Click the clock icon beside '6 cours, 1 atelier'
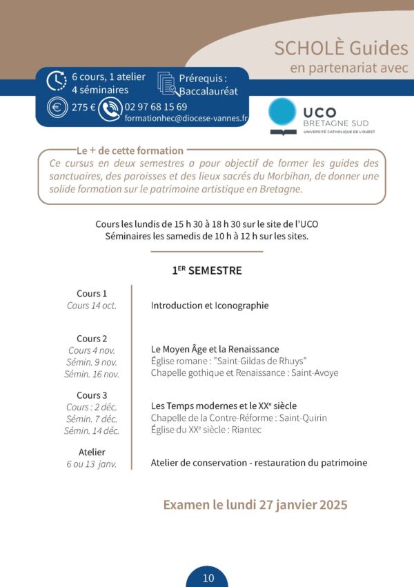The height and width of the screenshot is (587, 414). coord(56,81)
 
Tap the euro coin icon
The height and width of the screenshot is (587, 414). coord(56,108)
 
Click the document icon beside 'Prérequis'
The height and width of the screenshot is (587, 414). coord(167,83)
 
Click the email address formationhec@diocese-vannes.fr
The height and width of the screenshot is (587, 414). coord(186,118)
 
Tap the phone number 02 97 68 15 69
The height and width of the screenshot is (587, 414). coord(155,106)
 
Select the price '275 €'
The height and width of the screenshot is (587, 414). coord(83,108)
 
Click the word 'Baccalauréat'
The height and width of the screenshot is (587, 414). coord(208,90)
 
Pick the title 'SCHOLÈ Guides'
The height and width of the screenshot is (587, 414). coord(341,48)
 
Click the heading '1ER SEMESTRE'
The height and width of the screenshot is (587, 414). coord(206,271)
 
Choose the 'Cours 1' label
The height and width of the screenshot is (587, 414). coord(92,293)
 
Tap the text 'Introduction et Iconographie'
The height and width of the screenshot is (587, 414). coord(210,306)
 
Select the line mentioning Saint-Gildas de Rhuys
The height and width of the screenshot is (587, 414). coord(228,361)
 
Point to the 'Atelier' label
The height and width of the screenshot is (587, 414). coord(92,452)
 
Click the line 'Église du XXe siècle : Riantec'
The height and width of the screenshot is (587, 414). coord(206,430)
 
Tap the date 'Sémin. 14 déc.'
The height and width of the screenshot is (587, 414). coord(92,430)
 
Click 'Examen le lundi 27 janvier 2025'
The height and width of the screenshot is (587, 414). coord(255,505)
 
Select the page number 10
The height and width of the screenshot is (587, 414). coord(208,578)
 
